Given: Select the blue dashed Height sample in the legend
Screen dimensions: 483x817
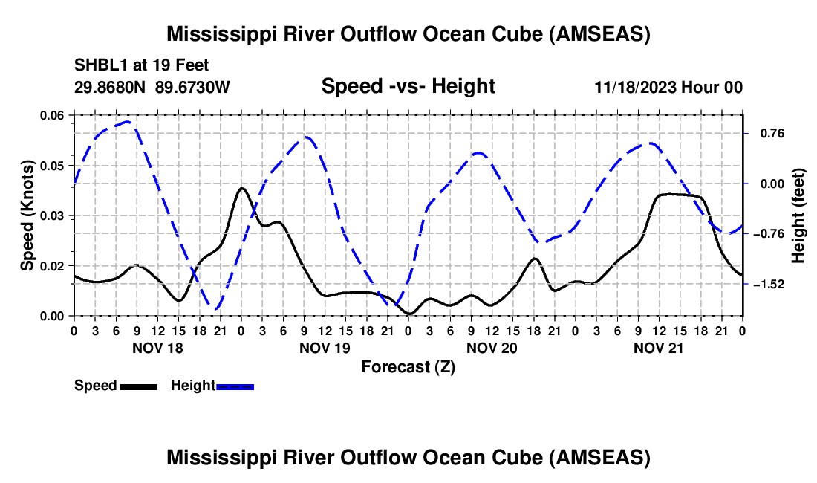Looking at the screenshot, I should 235,386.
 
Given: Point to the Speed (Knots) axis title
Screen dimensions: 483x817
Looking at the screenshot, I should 27,215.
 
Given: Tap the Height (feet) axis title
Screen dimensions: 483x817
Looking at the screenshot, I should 798,215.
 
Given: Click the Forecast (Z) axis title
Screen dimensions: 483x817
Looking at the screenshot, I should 408,366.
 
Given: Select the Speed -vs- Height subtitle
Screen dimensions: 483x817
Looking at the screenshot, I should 408,86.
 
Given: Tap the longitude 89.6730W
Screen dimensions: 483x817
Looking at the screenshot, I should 192,87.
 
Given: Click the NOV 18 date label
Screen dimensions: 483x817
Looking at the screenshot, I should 157,347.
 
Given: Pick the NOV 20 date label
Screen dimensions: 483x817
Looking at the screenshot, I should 491,347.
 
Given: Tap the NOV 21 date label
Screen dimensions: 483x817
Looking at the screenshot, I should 658,347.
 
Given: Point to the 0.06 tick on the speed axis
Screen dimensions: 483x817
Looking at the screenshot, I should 52,115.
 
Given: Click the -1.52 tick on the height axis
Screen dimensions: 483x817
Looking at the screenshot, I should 764,285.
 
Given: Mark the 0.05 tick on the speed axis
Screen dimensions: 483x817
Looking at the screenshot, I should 52,165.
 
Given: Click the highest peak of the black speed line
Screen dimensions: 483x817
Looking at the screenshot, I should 241,188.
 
